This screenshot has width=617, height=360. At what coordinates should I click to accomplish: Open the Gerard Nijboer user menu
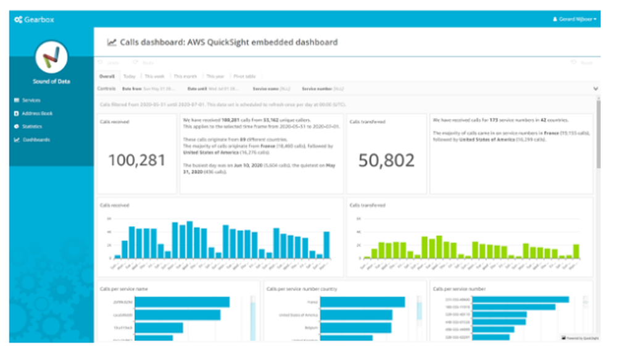pyautogui.click(x=574, y=20)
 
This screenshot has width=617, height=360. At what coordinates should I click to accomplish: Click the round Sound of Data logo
pyautogui.click(x=51, y=57)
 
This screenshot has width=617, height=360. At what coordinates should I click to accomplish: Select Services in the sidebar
pyautogui.click(x=31, y=100)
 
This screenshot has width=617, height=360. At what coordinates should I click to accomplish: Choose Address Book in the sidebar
pyautogui.click(x=36, y=114)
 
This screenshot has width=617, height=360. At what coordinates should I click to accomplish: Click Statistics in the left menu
pyautogui.click(x=31, y=127)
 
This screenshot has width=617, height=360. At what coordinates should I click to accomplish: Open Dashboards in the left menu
pyautogui.click(x=36, y=140)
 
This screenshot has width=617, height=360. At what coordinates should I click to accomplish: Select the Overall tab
pyautogui.click(x=107, y=77)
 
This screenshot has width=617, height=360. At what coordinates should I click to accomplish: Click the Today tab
pyautogui.click(x=129, y=77)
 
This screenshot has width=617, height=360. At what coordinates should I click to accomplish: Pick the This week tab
pyautogui.click(x=154, y=77)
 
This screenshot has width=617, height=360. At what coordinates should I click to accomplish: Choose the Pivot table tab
pyautogui.click(x=245, y=77)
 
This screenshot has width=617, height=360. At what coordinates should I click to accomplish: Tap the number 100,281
pyautogui.click(x=137, y=161)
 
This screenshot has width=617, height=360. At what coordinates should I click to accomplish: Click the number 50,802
pyautogui.click(x=387, y=161)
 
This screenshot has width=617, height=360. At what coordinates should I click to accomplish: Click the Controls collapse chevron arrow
pyautogui.click(x=595, y=89)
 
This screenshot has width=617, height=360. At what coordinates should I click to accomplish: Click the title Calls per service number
pyautogui.click(x=459, y=288)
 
